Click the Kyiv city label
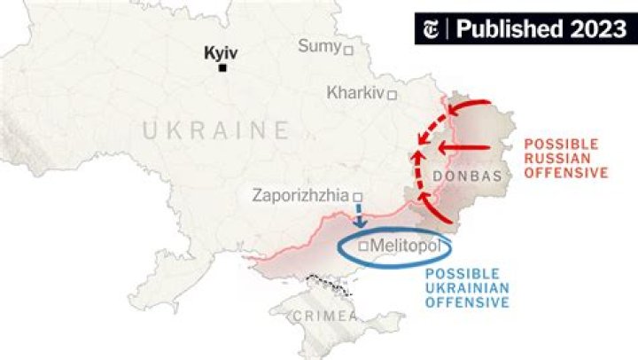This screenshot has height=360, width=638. click(x=221, y=52)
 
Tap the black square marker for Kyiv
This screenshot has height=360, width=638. click(x=223, y=68)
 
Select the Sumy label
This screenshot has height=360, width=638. click(x=319, y=46)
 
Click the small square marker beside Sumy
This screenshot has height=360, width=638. click(x=348, y=50)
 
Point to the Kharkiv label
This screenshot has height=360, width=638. click(x=354, y=92)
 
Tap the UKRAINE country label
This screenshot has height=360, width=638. click(x=216, y=131)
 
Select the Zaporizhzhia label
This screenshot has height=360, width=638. click(x=300, y=195)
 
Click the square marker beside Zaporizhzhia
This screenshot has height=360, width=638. click(x=358, y=198)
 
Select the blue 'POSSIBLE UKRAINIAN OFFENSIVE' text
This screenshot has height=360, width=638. click(x=468, y=288)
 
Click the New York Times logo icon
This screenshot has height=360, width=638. click(x=433, y=28)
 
